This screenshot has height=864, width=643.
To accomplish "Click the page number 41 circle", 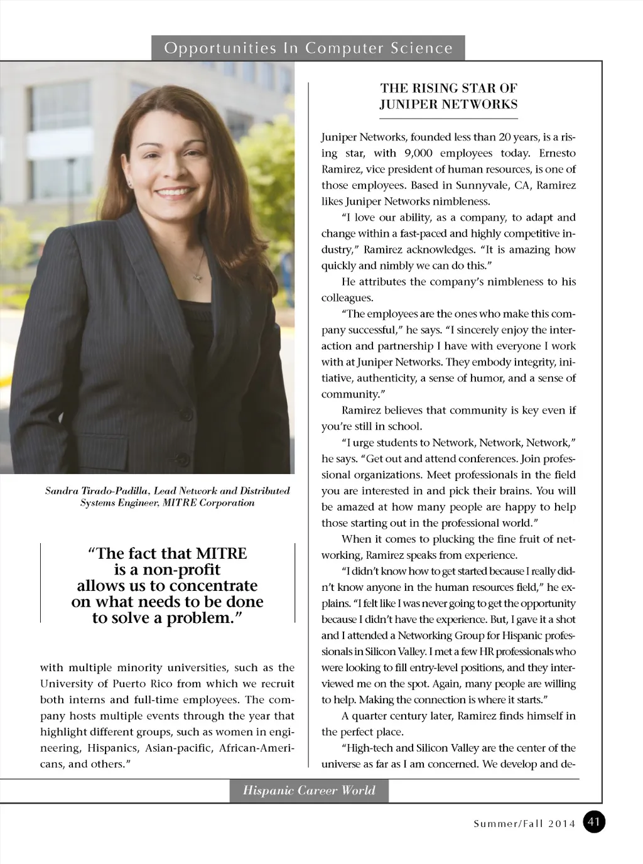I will coord(594,822).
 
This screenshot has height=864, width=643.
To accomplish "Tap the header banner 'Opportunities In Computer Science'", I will coord(308,48).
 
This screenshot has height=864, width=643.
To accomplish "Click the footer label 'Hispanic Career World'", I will coord(309,791).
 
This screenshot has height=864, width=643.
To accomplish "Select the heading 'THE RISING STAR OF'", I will coord(448,88).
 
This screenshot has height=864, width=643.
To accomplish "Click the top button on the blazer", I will coord(186,414).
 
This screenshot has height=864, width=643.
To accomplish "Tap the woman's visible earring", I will coord(129,183).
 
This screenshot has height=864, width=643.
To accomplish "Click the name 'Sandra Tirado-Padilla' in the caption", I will coord(97,491).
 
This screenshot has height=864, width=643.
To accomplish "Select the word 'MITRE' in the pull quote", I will coord(222,553).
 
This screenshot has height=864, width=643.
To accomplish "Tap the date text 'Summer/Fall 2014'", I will coord(524,824).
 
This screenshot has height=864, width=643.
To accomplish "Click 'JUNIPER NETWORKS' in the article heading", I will coord(448,104).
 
